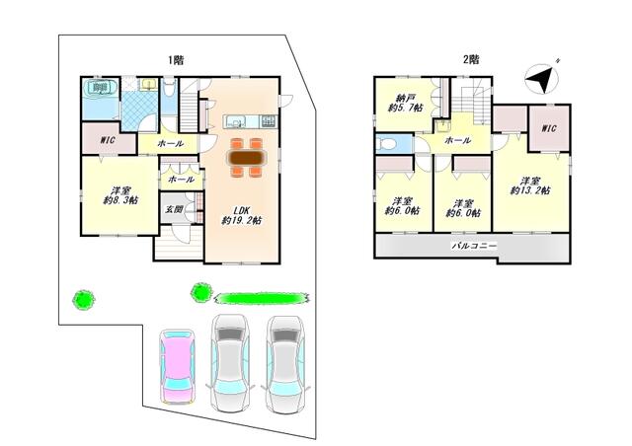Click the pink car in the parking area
pyautogui.click(x=178, y=366)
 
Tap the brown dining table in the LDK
pyautogui.click(x=247, y=157)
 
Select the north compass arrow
pyautogui.click(x=542, y=79)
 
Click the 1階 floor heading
pyautogui.click(x=176, y=60)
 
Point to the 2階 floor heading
pyautogui.click(x=471, y=59)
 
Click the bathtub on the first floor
pyautogui.click(x=100, y=88)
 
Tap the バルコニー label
pyautogui.click(x=474, y=245)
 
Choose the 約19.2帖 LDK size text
pyautogui.click(x=241, y=220)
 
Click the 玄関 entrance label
pyautogui.click(x=174, y=209)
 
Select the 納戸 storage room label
pyautogui.click(x=405, y=98)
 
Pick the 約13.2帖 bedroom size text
pyautogui.click(x=530, y=190)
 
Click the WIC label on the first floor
pyautogui.click(x=108, y=140)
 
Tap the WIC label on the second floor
pyautogui.click(x=549, y=128)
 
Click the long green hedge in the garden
pyautogui.click(x=262, y=298)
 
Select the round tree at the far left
pyautogui.click(x=83, y=300)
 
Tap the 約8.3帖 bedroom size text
pyautogui.click(x=120, y=200)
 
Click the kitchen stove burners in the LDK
pyautogui.click(x=269, y=120)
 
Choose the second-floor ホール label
pyautogui.click(x=457, y=141)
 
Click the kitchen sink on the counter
pyautogui.click(x=235, y=120)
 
